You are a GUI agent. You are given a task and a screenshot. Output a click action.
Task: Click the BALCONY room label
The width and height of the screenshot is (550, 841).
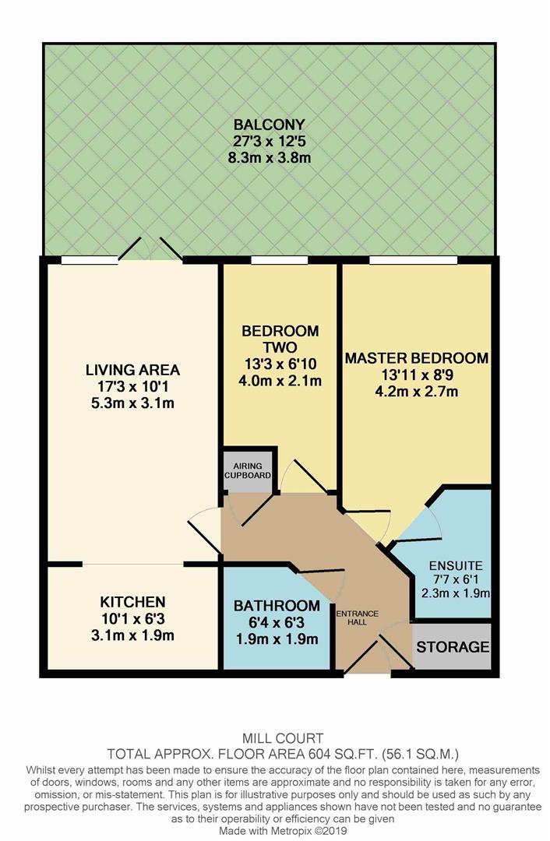268,125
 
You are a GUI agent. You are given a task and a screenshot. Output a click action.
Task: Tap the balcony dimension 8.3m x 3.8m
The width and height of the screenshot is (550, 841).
268,158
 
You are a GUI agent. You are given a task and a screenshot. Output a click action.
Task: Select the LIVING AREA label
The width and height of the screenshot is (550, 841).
132,370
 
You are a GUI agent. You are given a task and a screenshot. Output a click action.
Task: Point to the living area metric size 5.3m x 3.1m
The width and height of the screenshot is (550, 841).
132,403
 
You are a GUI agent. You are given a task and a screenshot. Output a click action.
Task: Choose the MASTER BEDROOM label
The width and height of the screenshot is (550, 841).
417,358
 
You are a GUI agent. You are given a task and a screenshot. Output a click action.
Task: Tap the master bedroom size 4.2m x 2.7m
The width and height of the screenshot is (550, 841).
417,392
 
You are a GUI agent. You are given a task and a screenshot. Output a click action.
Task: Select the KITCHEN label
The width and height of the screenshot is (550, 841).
132,602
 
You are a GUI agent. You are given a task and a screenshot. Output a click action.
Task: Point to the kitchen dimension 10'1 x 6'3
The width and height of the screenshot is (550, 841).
132,619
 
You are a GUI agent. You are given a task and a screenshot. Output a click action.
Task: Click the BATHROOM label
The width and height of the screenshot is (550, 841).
277,606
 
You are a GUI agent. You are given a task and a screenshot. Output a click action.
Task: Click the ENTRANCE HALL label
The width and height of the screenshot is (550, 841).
358,618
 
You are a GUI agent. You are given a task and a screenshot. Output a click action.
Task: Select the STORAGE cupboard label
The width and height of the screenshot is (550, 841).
452,647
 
